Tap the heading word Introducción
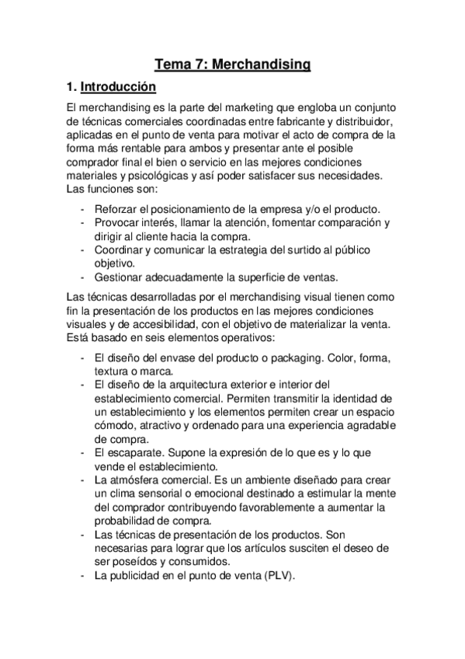click(118, 86)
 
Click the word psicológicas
click(150, 176)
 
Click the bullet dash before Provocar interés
click(83, 223)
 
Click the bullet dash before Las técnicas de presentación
click(83, 535)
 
